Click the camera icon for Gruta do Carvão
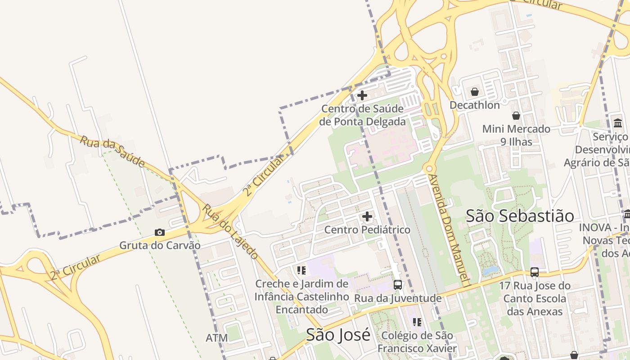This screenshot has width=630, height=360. [159, 232]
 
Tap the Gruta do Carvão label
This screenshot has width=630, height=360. [160, 246]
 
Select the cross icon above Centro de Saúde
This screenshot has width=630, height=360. [362, 95]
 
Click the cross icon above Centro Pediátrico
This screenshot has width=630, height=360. [367, 217]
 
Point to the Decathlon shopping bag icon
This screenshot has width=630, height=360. [475, 92]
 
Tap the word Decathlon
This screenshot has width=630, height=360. [475, 105]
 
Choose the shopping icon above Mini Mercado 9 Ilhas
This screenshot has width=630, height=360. [516, 116]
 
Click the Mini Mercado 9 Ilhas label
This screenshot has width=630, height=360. [516, 135]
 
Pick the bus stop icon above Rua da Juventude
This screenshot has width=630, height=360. [398, 284]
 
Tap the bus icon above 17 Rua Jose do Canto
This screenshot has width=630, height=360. [535, 272]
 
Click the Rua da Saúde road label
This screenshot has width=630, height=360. [112, 151]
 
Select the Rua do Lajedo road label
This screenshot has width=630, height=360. [230, 231]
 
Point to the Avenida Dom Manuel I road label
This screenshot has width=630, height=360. [448, 229]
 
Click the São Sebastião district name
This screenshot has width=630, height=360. [520, 216]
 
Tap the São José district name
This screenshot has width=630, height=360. [338, 335]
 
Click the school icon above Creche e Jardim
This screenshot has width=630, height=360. [301, 270]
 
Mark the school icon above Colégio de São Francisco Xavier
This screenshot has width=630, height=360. [417, 322]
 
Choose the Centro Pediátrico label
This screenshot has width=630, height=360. [367, 230]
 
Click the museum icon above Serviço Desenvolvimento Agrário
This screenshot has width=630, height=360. [618, 123]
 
